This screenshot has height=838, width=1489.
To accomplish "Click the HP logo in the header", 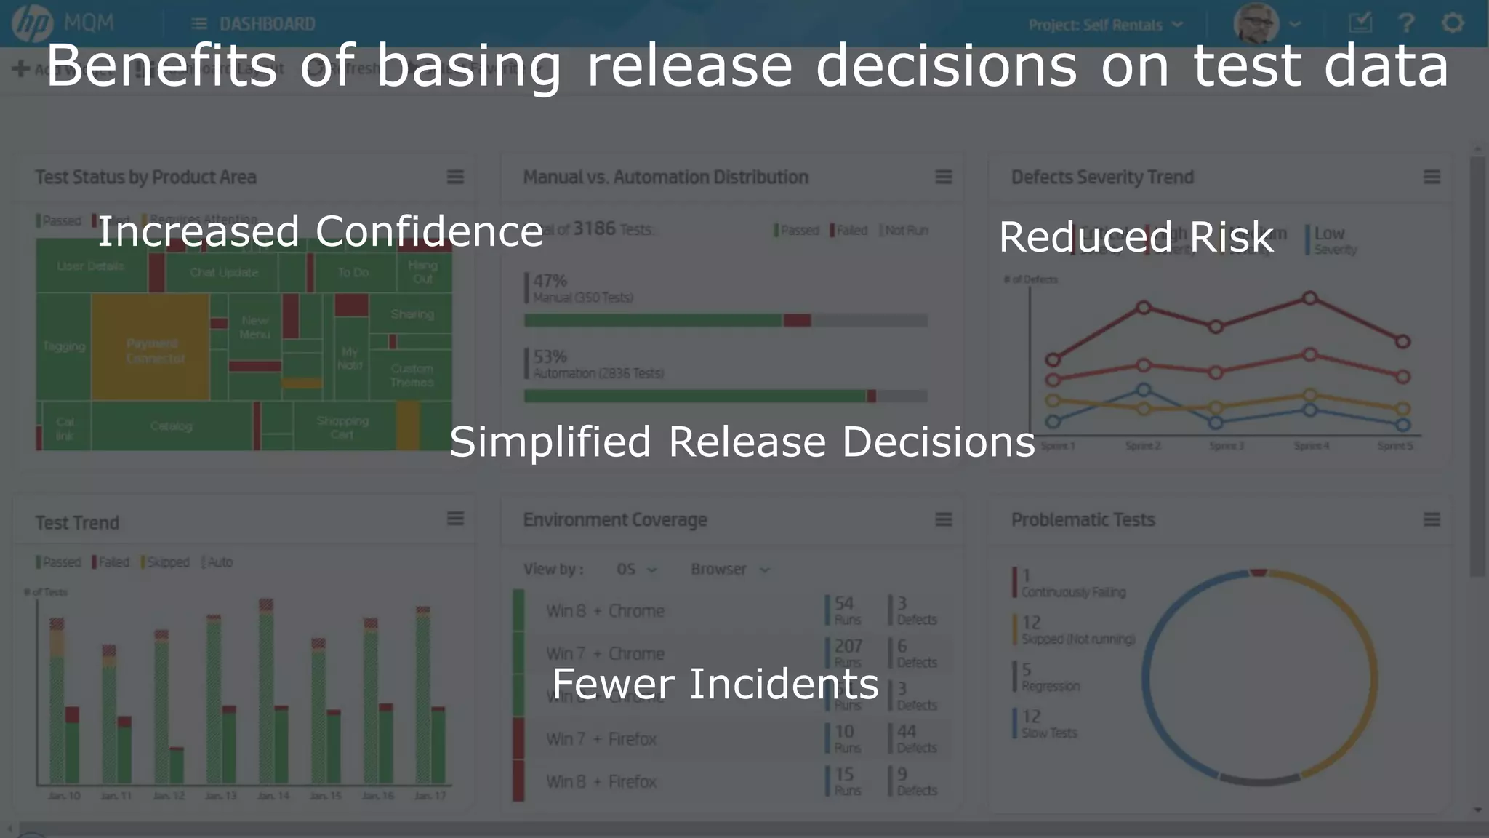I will (x=32, y=23).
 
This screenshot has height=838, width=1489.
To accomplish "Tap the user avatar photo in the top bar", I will (x=1256, y=23).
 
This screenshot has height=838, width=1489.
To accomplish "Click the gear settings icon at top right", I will (x=1452, y=23).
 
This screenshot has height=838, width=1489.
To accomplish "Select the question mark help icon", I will (x=1406, y=23).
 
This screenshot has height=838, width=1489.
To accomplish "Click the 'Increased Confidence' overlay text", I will (x=320, y=232).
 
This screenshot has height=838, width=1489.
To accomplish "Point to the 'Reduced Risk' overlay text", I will (x=1136, y=237).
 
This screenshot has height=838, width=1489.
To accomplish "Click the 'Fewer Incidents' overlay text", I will (x=715, y=685).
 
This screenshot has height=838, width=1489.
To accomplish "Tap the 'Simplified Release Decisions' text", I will (x=742, y=442).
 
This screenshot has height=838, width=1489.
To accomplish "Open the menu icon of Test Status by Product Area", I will (x=455, y=177).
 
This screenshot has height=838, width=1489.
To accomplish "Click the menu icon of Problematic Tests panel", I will (x=1431, y=519).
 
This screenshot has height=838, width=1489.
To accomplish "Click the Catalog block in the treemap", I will (x=172, y=426).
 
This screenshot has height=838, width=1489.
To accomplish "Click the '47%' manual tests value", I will (x=550, y=281).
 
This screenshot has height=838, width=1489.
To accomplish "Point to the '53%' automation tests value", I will (x=550, y=356).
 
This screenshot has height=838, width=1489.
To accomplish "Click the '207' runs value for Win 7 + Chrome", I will (x=848, y=646).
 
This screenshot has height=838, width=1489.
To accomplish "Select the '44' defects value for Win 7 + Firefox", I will (x=906, y=731).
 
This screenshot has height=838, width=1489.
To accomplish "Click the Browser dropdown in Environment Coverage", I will (x=729, y=570).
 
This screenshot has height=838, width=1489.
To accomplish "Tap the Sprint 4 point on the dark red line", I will (x=1309, y=298).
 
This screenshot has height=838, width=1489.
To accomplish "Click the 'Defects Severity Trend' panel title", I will (x=1102, y=177).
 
